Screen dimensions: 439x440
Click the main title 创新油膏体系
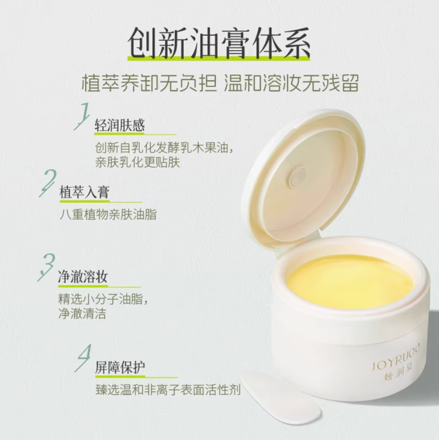click(219, 43)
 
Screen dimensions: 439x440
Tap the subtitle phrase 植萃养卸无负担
click(149, 83)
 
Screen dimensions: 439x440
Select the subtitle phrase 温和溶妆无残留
click(292, 83)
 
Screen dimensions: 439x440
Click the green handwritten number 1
click(82, 116)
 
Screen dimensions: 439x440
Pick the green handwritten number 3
click(47, 267)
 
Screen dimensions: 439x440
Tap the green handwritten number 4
click(83, 358)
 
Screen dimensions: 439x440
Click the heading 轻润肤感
click(120, 125)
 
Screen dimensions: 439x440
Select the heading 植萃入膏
click(84, 193)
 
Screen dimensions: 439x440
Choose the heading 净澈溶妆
click(83, 277)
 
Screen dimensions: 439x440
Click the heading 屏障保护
click(120, 368)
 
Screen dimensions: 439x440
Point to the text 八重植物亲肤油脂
click(108, 215)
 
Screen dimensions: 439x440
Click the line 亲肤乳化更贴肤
click(138, 162)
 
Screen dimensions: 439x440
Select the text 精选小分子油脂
click(103, 299)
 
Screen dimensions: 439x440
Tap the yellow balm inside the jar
click(350, 281)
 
